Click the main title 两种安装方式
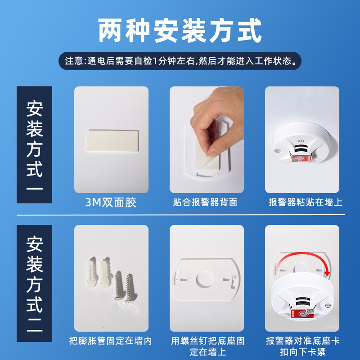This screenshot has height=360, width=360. (x=180, y=31)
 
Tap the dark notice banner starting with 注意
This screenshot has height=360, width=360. (x=180, y=61)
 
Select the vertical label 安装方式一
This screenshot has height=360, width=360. (x=35, y=144)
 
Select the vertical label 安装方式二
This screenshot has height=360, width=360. (x=35, y=283)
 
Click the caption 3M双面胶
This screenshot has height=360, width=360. (x=111, y=202)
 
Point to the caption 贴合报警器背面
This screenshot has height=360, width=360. (x=205, y=202)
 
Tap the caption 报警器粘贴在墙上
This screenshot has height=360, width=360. (x=306, y=202)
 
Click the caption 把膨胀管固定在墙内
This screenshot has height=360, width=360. (x=111, y=341)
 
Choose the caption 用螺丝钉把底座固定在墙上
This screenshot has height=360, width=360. (x=208, y=346)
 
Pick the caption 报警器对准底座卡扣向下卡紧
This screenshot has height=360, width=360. (x=303, y=346)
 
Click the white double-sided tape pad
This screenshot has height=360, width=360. (x=112, y=141)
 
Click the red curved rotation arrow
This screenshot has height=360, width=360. (x=303, y=254)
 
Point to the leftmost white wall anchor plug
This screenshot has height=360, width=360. (x=93, y=272)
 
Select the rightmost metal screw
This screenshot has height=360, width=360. (x=130, y=288)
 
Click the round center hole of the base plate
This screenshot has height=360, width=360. (x=205, y=279)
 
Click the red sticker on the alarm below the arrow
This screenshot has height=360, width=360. (x=302, y=313)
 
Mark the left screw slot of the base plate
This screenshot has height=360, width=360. (x=183, y=280)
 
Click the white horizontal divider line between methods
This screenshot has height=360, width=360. (x=181, y=215)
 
